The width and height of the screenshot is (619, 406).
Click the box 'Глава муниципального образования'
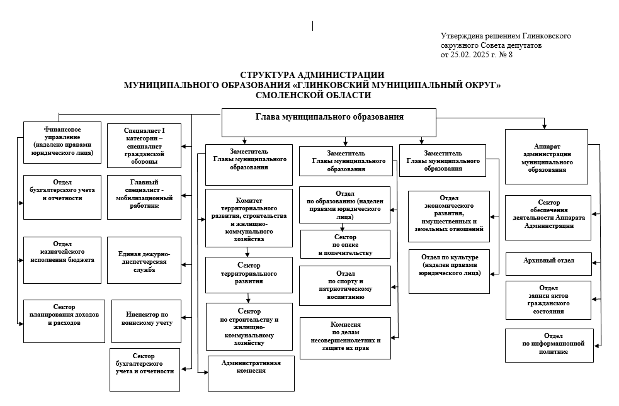point(329,122)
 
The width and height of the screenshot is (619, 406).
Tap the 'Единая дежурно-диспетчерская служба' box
point(144,260)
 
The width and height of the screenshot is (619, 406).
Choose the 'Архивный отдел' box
point(548,264)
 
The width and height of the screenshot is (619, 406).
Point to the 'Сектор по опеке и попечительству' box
point(344,244)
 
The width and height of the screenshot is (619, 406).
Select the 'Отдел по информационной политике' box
point(549,345)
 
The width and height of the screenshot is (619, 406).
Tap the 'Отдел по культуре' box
point(449,271)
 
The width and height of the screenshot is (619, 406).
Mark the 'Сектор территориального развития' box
point(248,274)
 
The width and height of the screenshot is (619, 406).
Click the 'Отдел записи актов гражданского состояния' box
point(548,300)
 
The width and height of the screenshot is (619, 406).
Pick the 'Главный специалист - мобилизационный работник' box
point(144,197)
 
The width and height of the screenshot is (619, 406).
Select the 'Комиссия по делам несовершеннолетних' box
point(344,338)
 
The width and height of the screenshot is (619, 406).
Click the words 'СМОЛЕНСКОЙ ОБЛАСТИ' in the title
point(313,95)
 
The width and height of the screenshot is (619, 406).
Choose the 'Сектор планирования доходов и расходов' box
point(64,320)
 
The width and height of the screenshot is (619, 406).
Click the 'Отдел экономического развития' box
point(448,216)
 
